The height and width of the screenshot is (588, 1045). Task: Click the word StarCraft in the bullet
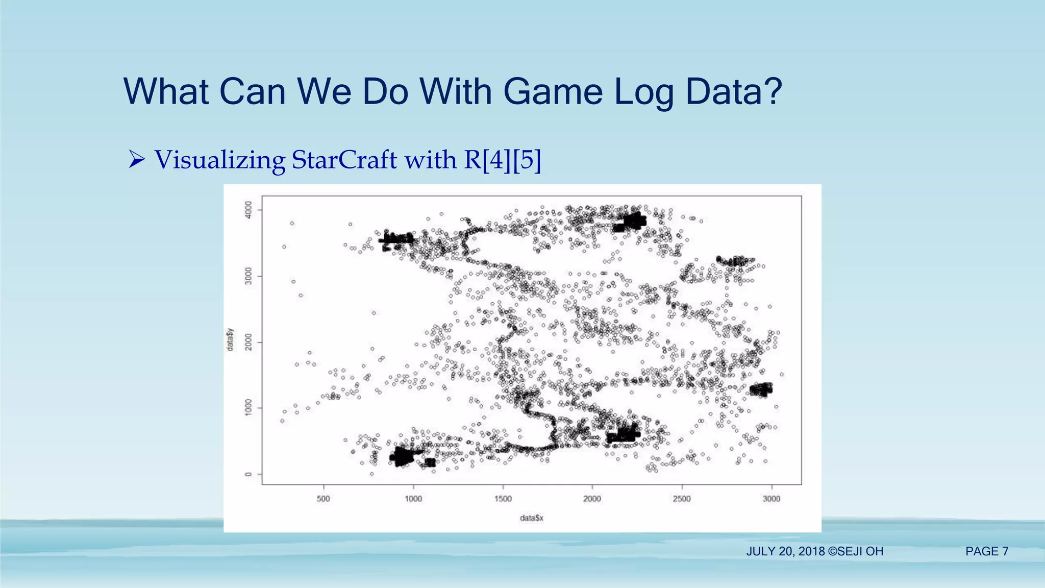pos(344,160)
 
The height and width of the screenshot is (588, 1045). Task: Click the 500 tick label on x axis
pos(324,499)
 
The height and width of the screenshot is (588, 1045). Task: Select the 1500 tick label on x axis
pos(503,499)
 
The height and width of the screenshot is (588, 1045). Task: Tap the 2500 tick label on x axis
pos(682,499)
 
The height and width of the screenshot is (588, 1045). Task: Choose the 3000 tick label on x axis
pos(772,499)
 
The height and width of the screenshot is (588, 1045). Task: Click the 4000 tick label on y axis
pos(248,210)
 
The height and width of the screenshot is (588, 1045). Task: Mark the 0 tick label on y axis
pos(248,474)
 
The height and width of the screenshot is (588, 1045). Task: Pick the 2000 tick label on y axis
pos(248,342)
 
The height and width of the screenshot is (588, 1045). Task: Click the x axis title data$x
pos(532,518)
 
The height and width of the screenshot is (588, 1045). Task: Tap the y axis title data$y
pos(230,339)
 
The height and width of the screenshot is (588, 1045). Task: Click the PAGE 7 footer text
pos(987,551)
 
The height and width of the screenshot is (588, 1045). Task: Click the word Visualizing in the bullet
pos(219,160)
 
